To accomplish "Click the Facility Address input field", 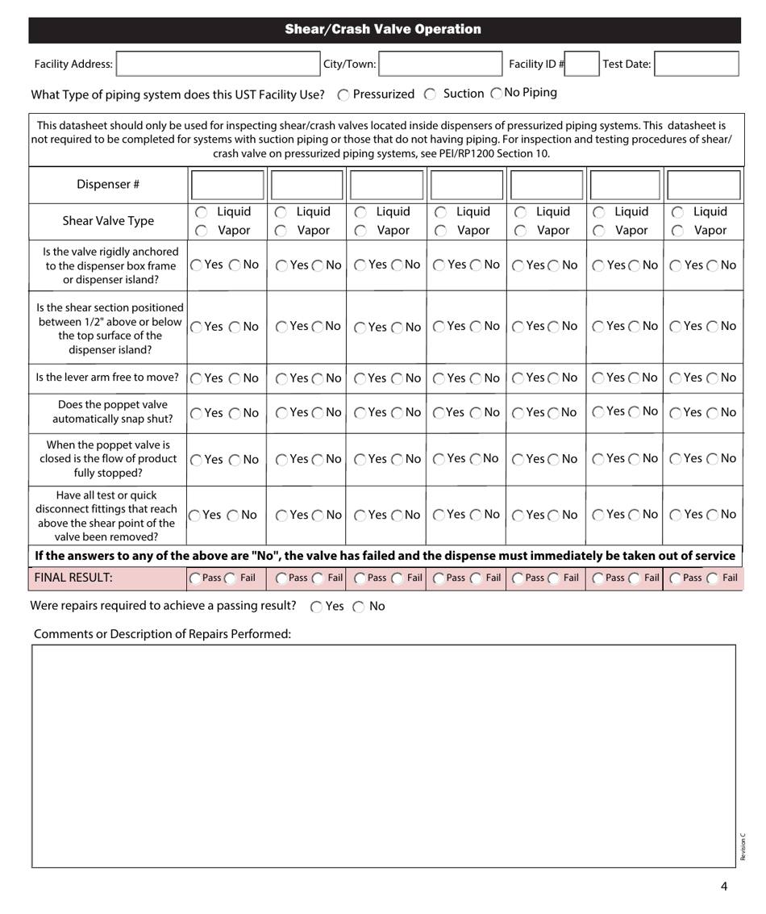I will [218, 65].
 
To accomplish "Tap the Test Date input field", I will [697, 65].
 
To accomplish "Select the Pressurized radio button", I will [343, 94].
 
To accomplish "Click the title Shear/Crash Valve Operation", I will [383, 30].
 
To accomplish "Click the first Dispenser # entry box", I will [226, 184].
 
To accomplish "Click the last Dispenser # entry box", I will [701, 184].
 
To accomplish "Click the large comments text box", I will [383, 754].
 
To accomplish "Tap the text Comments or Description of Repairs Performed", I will [162, 634].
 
